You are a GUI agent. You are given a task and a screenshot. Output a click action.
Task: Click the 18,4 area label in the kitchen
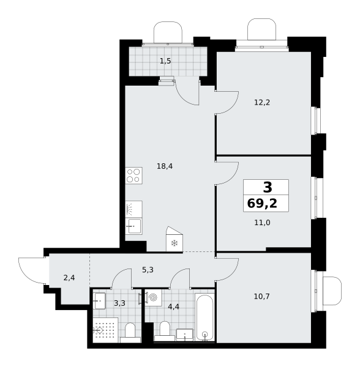165,166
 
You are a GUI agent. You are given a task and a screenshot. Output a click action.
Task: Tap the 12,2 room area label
262,102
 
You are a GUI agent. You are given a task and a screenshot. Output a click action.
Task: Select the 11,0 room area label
262,223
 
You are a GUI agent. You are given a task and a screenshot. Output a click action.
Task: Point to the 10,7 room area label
261,297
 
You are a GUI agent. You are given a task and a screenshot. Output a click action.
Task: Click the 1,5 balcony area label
165,61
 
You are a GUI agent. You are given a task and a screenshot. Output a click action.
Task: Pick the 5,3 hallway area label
148,270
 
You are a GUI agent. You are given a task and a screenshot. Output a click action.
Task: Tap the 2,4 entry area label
69,278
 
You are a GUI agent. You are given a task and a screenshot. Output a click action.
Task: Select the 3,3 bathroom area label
119,303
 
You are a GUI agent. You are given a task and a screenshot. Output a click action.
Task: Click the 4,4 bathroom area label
173,306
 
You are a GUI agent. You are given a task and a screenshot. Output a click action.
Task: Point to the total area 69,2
262,203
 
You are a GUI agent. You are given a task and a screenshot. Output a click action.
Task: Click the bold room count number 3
268,187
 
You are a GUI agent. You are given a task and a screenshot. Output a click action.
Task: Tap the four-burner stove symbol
133,176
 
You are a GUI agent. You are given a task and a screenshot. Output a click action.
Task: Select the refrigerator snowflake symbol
174,243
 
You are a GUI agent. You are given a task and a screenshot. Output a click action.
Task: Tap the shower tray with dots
105,330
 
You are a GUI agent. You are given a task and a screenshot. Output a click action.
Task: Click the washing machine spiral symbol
153,297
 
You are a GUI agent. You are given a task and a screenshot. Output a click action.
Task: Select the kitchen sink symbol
133,226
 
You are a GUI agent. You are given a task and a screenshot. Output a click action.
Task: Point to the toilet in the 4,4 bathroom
165,331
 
